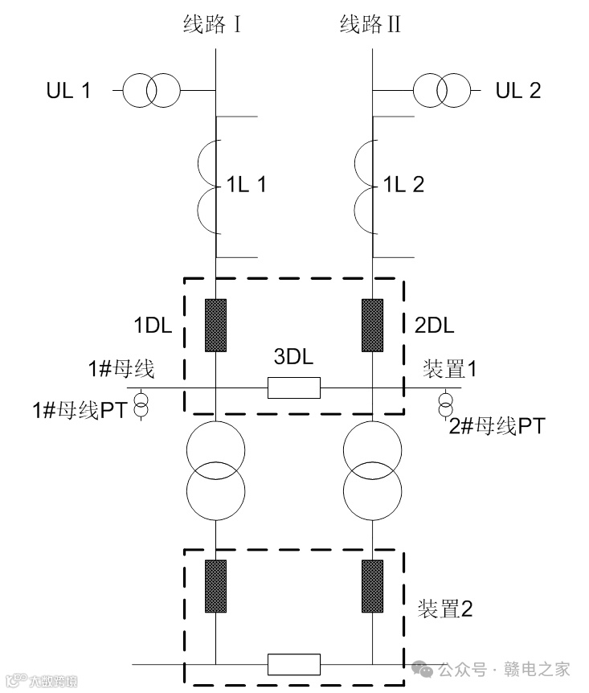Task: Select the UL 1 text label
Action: [68, 90]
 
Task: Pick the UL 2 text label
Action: [518, 90]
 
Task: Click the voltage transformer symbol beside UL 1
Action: [151, 90]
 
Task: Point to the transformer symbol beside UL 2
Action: [441, 90]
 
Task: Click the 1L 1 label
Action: [244, 184]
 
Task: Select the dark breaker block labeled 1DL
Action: [215, 326]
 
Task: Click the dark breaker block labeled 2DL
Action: [372, 326]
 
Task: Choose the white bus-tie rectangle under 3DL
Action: [294, 388]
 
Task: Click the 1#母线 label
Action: [121, 369]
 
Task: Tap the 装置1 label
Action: [449, 369]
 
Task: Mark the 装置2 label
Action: [445, 609]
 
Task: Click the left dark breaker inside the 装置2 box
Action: [215, 584]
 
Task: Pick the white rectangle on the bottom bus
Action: [294, 664]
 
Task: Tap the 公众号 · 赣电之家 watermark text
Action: [504, 669]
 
